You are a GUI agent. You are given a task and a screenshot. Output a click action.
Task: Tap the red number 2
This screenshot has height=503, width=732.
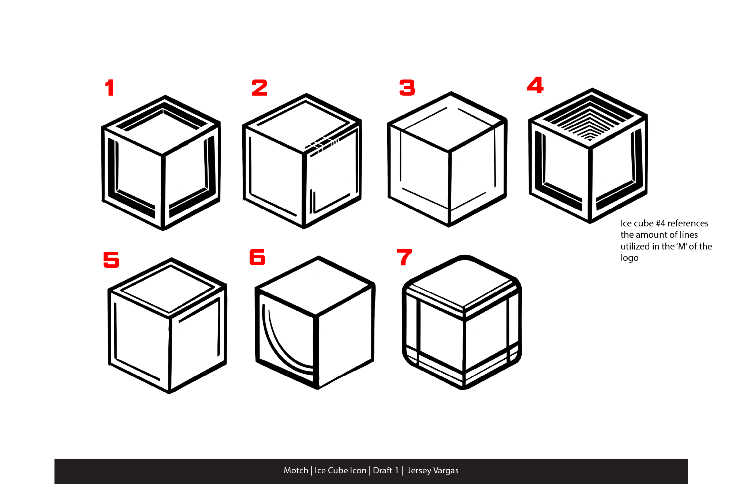(x=259, y=88)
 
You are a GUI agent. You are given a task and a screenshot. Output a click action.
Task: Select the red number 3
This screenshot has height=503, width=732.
(x=407, y=88)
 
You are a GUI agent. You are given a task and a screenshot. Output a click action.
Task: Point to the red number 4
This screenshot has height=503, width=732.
(x=535, y=85)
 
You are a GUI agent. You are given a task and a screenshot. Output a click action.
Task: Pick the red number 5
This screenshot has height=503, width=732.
(x=111, y=259)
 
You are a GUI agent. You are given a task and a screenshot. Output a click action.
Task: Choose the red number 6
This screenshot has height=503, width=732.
(x=257, y=257)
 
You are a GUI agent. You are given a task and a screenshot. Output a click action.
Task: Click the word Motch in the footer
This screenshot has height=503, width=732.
(x=296, y=470)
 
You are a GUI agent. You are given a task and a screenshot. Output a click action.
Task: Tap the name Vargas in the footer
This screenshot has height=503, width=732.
(x=446, y=471)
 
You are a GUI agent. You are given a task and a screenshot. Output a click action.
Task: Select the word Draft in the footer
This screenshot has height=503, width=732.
(x=382, y=470)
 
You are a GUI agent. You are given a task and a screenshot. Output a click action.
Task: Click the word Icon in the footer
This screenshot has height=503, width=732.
(x=358, y=470)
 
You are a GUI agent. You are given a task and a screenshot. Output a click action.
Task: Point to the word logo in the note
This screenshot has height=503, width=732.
(x=630, y=258)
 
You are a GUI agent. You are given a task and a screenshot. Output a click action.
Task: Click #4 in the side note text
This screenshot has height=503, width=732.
(x=660, y=223)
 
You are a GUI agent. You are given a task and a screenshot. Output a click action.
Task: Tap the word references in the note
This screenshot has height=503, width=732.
(x=688, y=223)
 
